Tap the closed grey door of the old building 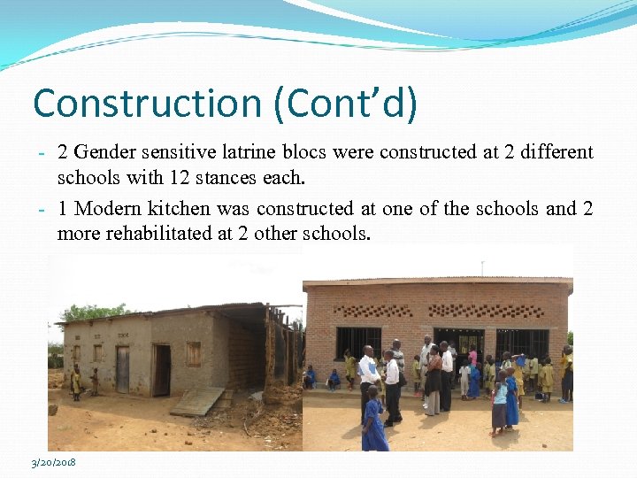point(122,368)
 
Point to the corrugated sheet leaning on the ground point(197,400)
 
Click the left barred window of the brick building point(358,341)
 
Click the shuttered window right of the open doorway point(193,354)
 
